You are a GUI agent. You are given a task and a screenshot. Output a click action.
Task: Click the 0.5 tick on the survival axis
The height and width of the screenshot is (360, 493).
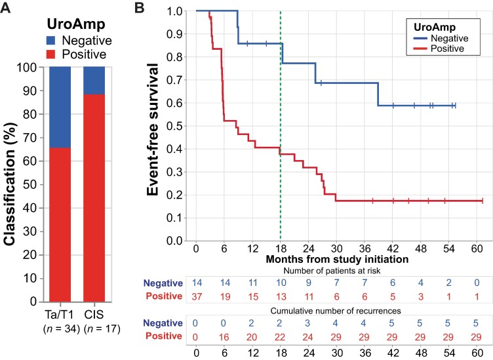click(173, 125)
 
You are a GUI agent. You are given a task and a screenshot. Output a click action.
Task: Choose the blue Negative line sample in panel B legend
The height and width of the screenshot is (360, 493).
click(413, 39)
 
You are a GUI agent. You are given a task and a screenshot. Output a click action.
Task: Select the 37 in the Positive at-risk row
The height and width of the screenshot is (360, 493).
click(196, 296)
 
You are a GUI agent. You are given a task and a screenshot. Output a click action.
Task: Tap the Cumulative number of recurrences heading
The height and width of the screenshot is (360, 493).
click(338, 310)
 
